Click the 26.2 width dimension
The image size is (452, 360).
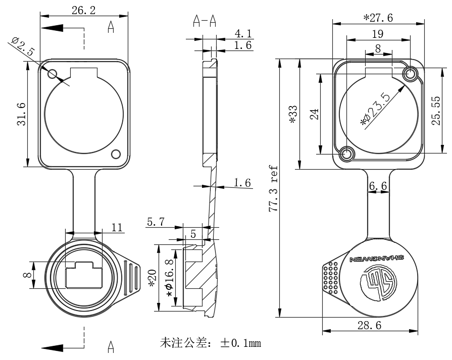point(83,11)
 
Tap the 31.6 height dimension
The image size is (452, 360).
point(21,115)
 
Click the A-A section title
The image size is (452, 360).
point(205,21)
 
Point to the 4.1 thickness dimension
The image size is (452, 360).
point(243,34)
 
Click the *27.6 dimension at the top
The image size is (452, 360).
point(378,18)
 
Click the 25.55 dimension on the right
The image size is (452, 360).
point(437,111)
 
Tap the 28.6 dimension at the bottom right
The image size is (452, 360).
point(369,326)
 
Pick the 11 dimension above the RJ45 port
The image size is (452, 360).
point(117,227)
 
